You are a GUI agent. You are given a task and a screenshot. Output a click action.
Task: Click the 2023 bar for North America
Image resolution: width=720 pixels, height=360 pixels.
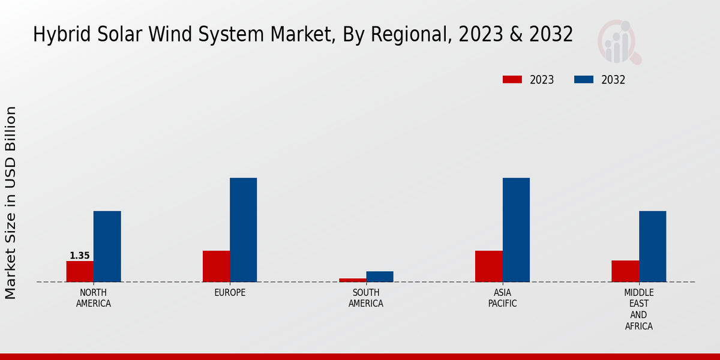pos(80,271)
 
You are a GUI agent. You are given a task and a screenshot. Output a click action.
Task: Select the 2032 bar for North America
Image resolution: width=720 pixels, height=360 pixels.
pos(107,246)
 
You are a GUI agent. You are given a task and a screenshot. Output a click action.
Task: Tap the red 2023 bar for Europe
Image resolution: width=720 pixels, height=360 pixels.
pos(216,266)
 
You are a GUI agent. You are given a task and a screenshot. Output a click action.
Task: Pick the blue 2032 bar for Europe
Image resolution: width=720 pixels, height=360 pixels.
pos(243,230)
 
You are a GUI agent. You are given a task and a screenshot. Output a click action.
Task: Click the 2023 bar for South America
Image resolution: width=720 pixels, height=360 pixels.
pos(352,280)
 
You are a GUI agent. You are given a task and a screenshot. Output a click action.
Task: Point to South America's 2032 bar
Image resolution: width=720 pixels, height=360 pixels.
pos(380,277)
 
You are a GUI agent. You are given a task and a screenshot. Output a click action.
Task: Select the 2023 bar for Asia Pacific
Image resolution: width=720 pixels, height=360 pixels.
pos(488,266)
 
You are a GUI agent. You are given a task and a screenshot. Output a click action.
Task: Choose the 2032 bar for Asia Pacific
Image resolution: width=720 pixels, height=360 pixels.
pos(516,230)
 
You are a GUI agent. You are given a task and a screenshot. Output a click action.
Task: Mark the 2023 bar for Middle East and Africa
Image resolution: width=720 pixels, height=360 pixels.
pos(625,271)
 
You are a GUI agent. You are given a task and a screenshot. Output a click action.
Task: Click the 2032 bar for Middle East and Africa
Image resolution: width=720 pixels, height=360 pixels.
pos(652,246)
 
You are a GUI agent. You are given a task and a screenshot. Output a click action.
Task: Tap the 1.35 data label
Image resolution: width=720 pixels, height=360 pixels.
pos(80,256)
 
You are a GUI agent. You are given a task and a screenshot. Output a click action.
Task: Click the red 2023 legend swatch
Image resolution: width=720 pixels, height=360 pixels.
pos(512,80)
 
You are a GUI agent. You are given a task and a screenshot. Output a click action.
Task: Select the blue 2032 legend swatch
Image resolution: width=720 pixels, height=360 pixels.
pos(584,80)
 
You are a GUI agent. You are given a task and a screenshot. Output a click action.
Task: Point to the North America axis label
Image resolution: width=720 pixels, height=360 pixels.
pos(93,298)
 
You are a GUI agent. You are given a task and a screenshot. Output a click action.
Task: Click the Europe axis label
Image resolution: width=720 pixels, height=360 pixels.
pos(230,293)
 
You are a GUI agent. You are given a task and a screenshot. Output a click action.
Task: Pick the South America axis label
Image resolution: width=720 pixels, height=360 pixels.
pos(366,298)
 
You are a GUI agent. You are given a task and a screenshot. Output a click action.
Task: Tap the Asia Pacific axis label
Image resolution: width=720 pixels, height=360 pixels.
pos(502,298)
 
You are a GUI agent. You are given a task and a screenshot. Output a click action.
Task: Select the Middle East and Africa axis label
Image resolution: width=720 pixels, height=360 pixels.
pos(638,310)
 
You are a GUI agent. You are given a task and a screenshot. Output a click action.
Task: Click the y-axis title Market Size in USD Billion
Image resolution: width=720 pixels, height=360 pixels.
pos(11,203)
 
